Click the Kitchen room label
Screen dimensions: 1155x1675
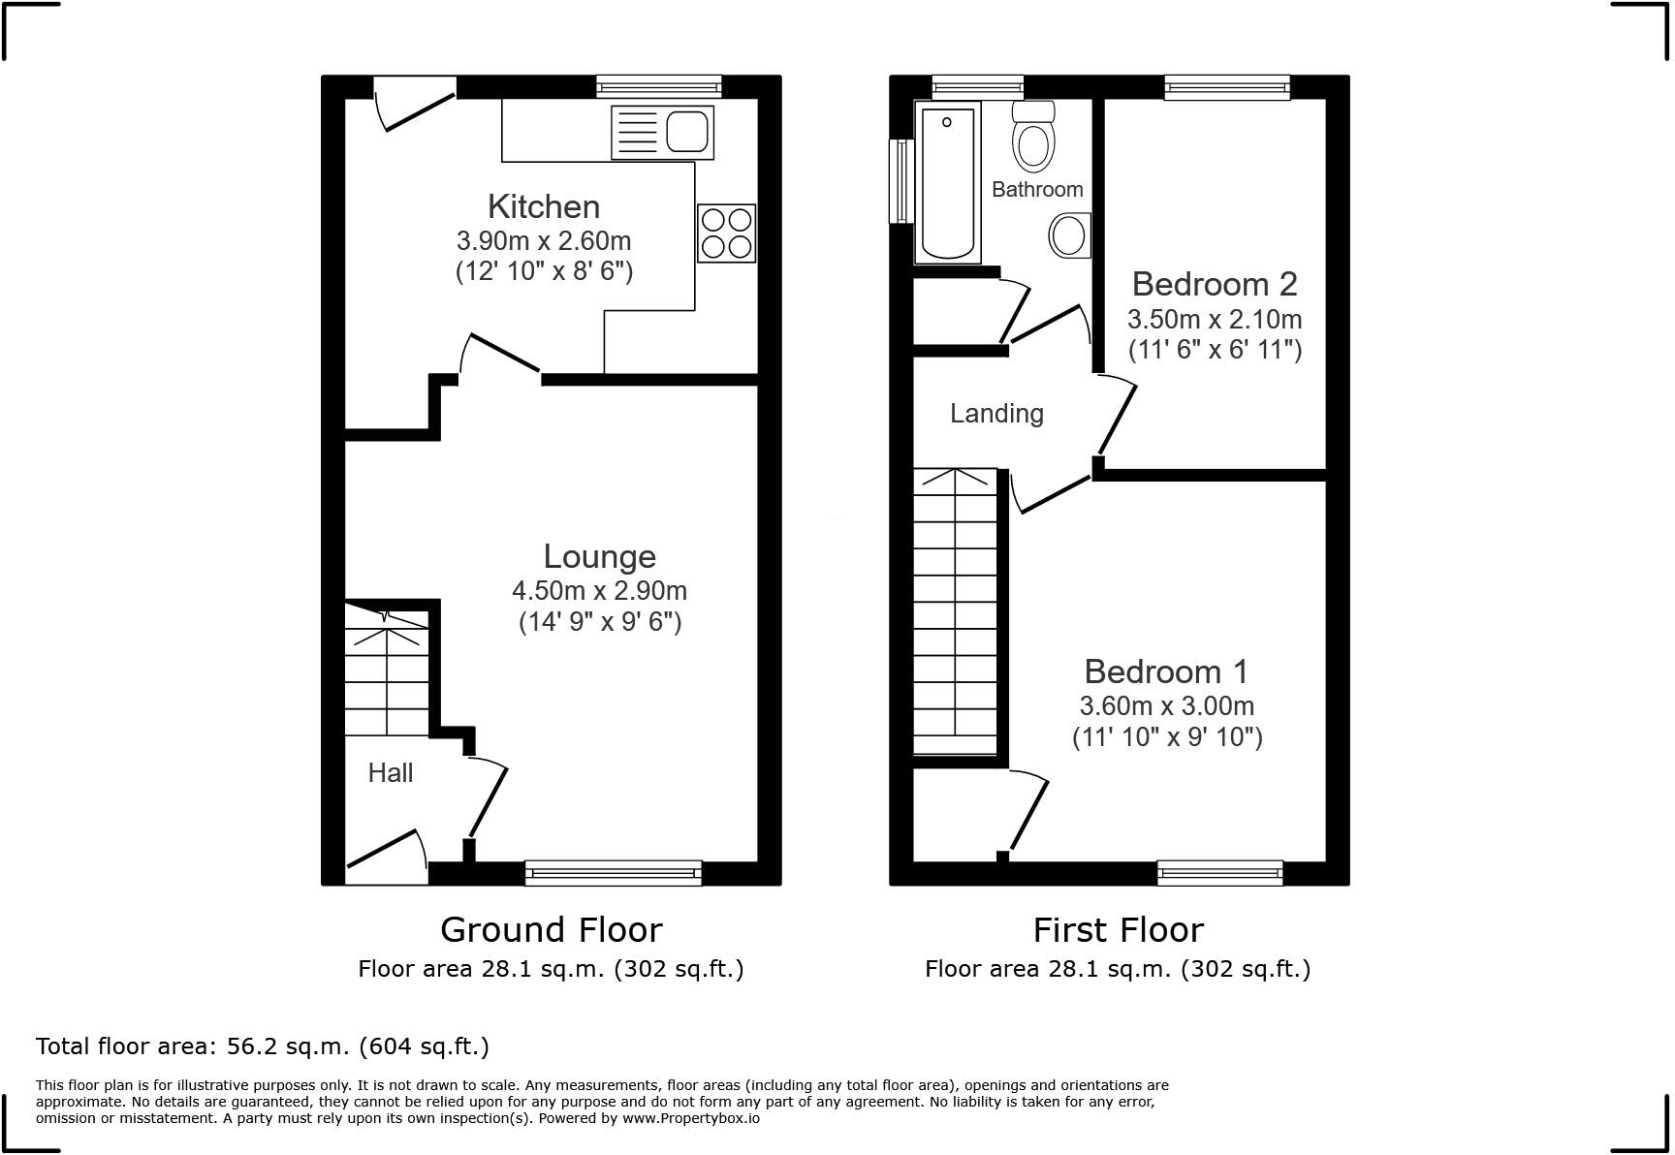pyautogui.click(x=544, y=206)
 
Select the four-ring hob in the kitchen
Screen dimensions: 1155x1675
pyautogui.click(x=726, y=233)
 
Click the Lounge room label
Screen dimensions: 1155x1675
pyautogui.click(x=599, y=556)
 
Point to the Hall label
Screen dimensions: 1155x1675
pyautogui.click(x=391, y=772)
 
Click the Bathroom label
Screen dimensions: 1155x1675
pyautogui.click(x=1037, y=189)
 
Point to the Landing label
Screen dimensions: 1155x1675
pyautogui.click(x=996, y=414)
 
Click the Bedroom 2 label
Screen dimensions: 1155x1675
pyautogui.click(x=1214, y=284)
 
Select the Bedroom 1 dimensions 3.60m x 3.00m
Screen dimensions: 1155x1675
pyautogui.click(x=1167, y=706)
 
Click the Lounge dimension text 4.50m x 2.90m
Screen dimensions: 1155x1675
pyautogui.click(x=599, y=590)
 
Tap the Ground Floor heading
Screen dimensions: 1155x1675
pyautogui.click(x=552, y=930)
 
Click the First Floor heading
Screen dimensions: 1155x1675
pyautogui.click(x=1118, y=930)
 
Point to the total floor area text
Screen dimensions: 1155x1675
pyautogui.click(x=263, y=1046)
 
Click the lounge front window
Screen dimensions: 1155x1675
pyautogui.click(x=614, y=872)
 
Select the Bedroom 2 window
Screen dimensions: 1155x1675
pyautogui.click(x=1227, y=87)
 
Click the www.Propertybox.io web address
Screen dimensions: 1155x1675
pyautogui.click(x=691, y=1118)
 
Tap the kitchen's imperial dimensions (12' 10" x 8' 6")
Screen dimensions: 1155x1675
pyautogui.click(x=544, y=271)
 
